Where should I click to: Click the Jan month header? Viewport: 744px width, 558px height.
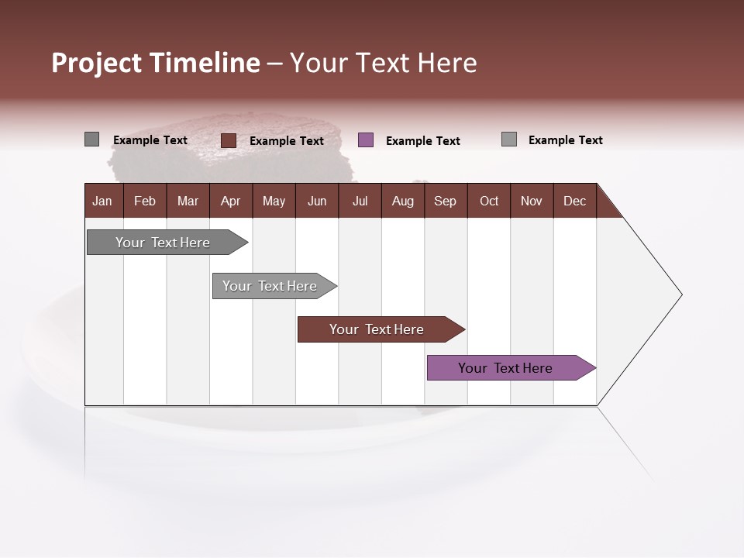click(103, 201)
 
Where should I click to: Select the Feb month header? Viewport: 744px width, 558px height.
click(145, 201)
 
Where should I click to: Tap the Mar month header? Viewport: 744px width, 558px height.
click(188, 201)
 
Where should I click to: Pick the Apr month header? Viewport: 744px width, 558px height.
click(231, 201)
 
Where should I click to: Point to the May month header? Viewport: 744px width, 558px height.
click(274, 201)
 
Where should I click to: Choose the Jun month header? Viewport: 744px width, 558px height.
click(317, 201)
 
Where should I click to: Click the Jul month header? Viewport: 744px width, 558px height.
click(360, 201)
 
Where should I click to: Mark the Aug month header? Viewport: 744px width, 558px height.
click(403, 201)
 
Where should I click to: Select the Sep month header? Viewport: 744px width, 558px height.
click(446, 201)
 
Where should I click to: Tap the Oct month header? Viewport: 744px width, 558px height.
click(489, 201)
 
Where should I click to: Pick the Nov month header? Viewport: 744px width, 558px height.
click(532, 201)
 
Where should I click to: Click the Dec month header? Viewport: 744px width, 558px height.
click(575, 201)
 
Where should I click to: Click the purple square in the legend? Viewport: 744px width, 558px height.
click(366, 139)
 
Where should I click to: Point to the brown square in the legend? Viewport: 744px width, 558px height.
click(229, 140)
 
